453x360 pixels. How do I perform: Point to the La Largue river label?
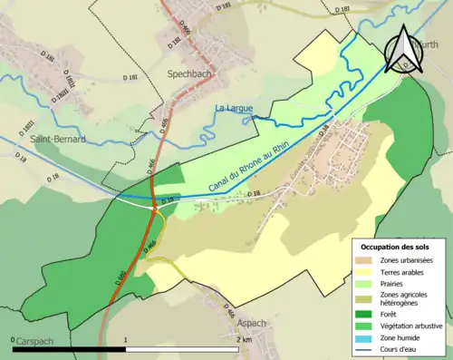(233, 109)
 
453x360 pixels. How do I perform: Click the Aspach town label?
(252, 322)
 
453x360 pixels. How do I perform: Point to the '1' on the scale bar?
(125, 339)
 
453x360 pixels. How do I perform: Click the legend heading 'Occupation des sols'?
(399, 247)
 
